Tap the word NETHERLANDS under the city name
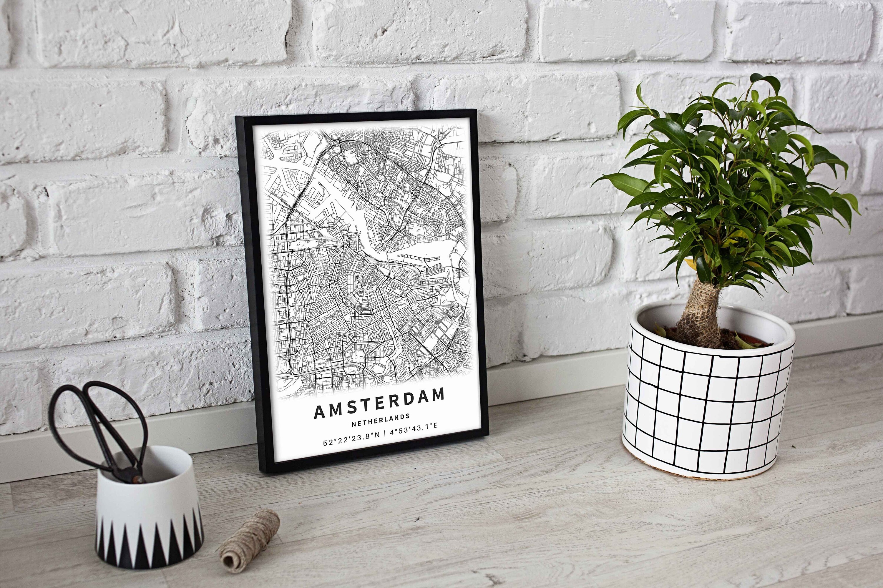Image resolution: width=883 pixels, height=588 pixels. [381, 420]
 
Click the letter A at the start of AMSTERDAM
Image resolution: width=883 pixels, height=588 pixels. [319, 412]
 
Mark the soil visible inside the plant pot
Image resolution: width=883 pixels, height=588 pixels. [735, 338]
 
